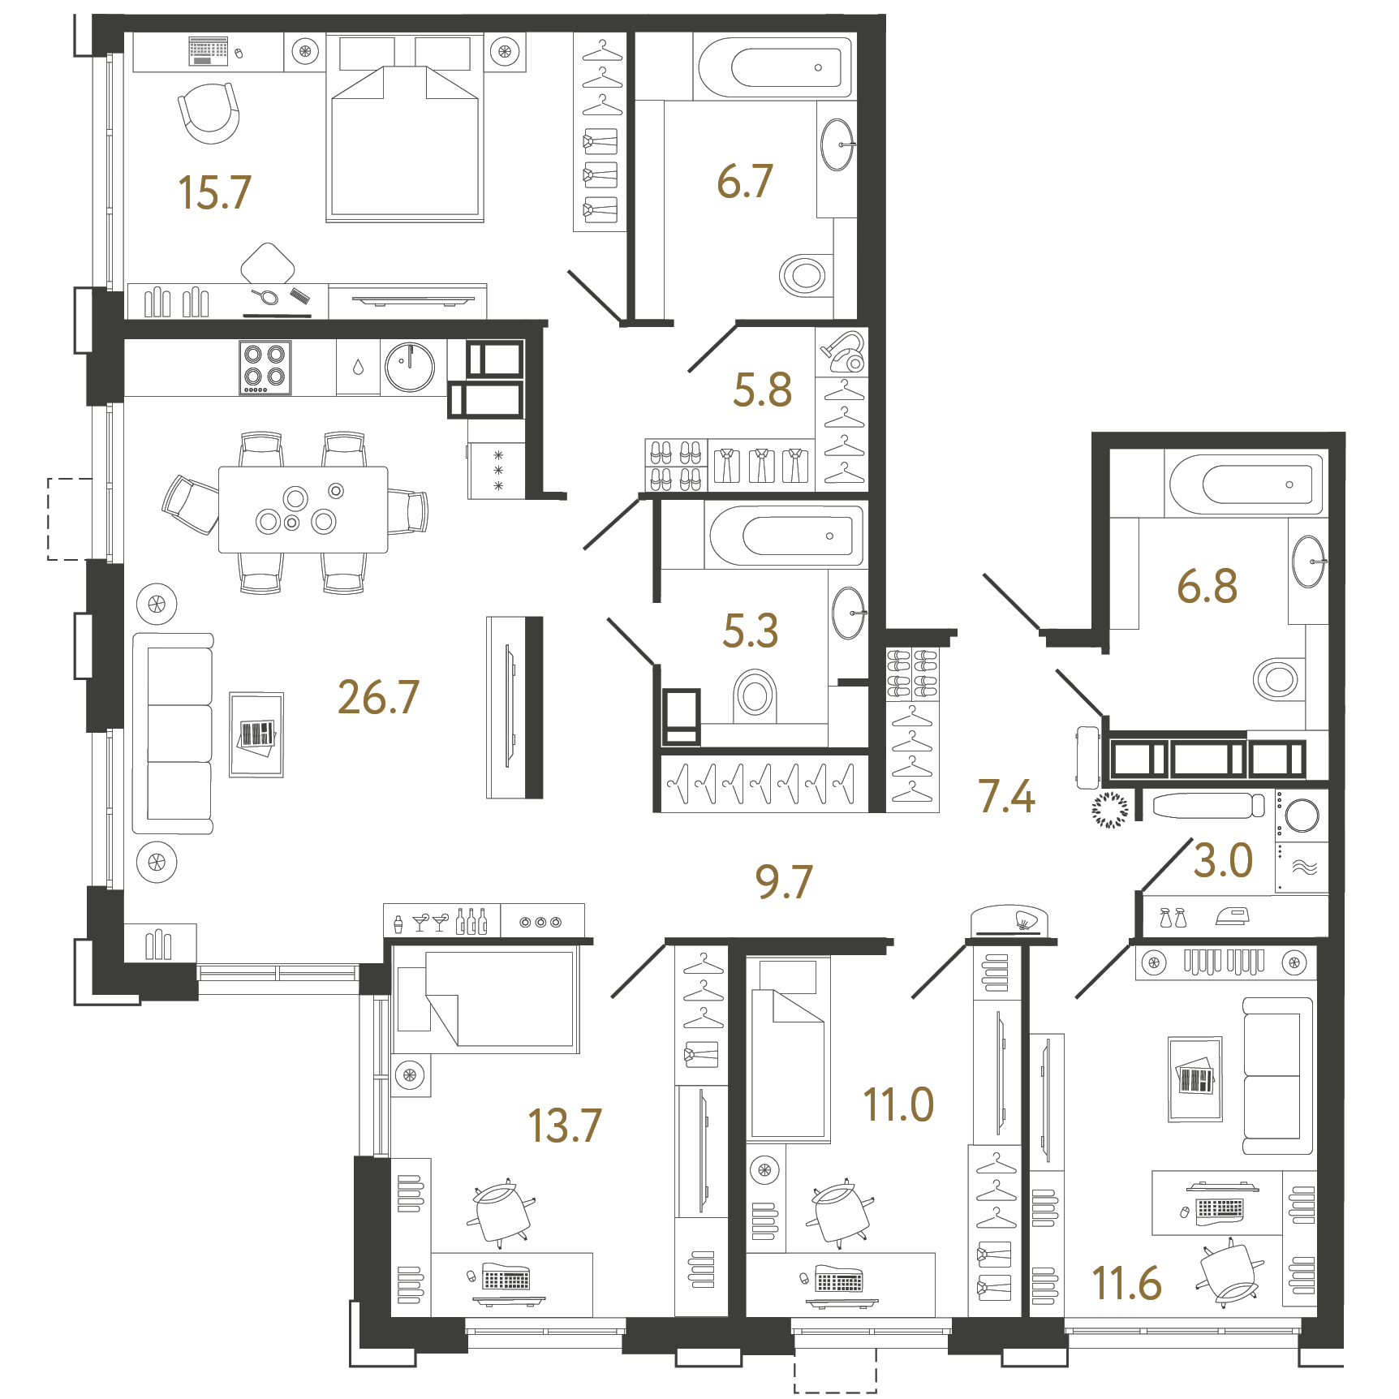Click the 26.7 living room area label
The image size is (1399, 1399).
pos(378,697)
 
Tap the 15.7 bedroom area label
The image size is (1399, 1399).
pos(214,192)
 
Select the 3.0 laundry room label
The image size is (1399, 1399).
pos(1223,860)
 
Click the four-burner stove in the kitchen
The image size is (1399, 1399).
pos(265,367)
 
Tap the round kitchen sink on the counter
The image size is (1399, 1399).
pos(410,367)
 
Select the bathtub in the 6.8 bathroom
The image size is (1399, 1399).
pos(1245,484)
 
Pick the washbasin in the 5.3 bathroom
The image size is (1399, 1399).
pos(849,613)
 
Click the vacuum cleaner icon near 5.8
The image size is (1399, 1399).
pos(843,351)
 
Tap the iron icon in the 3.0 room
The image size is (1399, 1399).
pos(1232,916)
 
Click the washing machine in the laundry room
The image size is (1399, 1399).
pos(1301,815)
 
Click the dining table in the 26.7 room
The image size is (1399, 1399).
pos(303,510)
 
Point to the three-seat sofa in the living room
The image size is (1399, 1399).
pos(174,734)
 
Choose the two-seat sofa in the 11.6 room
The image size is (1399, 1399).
pos(1276,1076)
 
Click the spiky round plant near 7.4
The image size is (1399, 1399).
pos(1109,809)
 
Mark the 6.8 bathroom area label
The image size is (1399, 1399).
pos(1207,586)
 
